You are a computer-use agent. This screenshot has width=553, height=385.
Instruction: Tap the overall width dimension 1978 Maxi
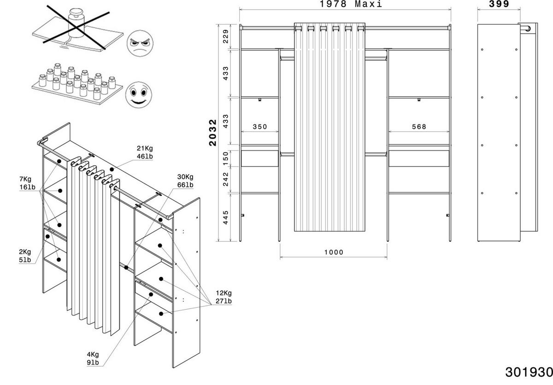coord(351,5)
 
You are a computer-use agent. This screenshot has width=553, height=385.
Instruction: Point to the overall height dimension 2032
coord(213,133)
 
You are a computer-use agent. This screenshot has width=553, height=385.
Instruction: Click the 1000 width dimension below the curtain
coord(334,252)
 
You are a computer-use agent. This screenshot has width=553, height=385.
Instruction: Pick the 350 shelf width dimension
coord(259,127)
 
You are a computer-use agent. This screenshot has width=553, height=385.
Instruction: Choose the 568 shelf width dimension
coord(419,127)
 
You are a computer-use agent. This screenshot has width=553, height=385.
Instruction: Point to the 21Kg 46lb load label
coord(145,152)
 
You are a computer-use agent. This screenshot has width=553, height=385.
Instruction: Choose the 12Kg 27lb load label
coord(224,297)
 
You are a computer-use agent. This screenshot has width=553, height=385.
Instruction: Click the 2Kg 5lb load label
coord(24,256)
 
